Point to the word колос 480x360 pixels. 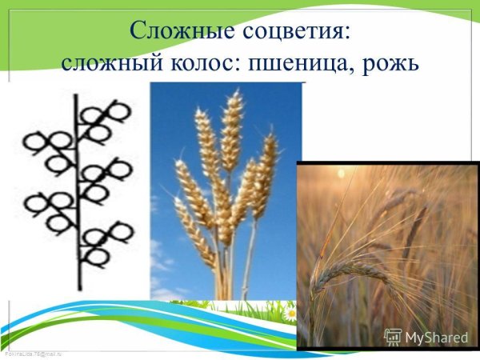[x=202, y=62]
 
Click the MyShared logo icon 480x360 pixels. [x=392, y=336]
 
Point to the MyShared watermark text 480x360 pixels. [x=434, y=336]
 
